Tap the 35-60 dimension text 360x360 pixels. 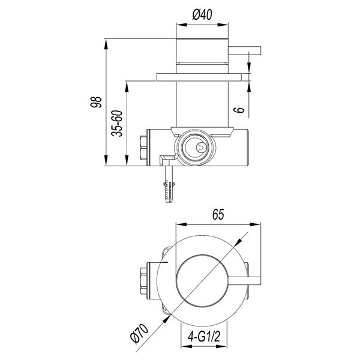pyautogui.click(x=118, y=123)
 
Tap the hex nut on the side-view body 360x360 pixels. pyautogui.click(x=143, y=147)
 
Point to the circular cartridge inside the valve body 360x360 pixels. pyautogui.click(x=196, y=146)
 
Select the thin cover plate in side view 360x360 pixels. pyautogui.click(x=202, y=76)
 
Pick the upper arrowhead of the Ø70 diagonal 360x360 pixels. pyautogui.click(x=239, y=242)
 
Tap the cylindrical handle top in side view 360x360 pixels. pyautogui.click(x=203, y=51)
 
